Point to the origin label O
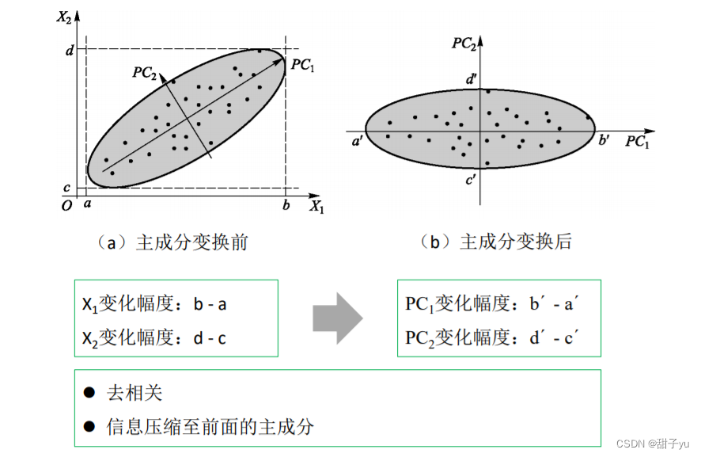[x=67, y=206]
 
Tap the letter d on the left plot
[x=70, y=50]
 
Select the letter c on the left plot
[x=70, y=189]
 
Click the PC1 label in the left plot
[x=302, y=65]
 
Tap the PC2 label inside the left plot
[x=144, y=71]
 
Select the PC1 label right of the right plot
[x=637, y=142]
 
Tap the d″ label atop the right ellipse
[x=472, y=78]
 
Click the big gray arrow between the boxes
[x=337, y=318]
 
